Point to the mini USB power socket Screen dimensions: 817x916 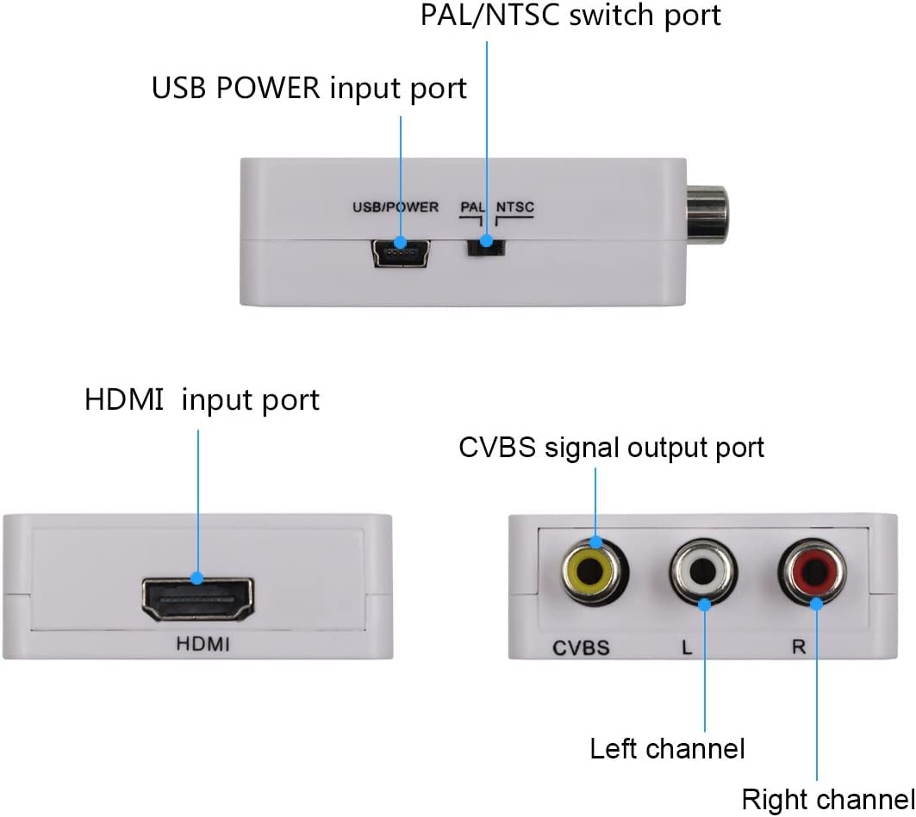401,253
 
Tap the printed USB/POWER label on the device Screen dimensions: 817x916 396,207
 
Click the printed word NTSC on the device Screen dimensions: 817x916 515,207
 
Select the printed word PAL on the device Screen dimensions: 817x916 473,207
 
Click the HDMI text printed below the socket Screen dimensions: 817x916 203,643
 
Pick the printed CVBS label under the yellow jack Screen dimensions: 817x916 581,647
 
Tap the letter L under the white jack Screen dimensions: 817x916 687,647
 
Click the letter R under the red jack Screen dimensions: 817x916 798,647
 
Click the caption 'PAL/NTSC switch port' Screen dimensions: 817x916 570,15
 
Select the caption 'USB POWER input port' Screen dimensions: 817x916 309,88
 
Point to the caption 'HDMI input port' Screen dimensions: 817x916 202,399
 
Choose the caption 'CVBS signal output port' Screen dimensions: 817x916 611,448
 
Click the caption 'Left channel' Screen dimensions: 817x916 667,748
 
